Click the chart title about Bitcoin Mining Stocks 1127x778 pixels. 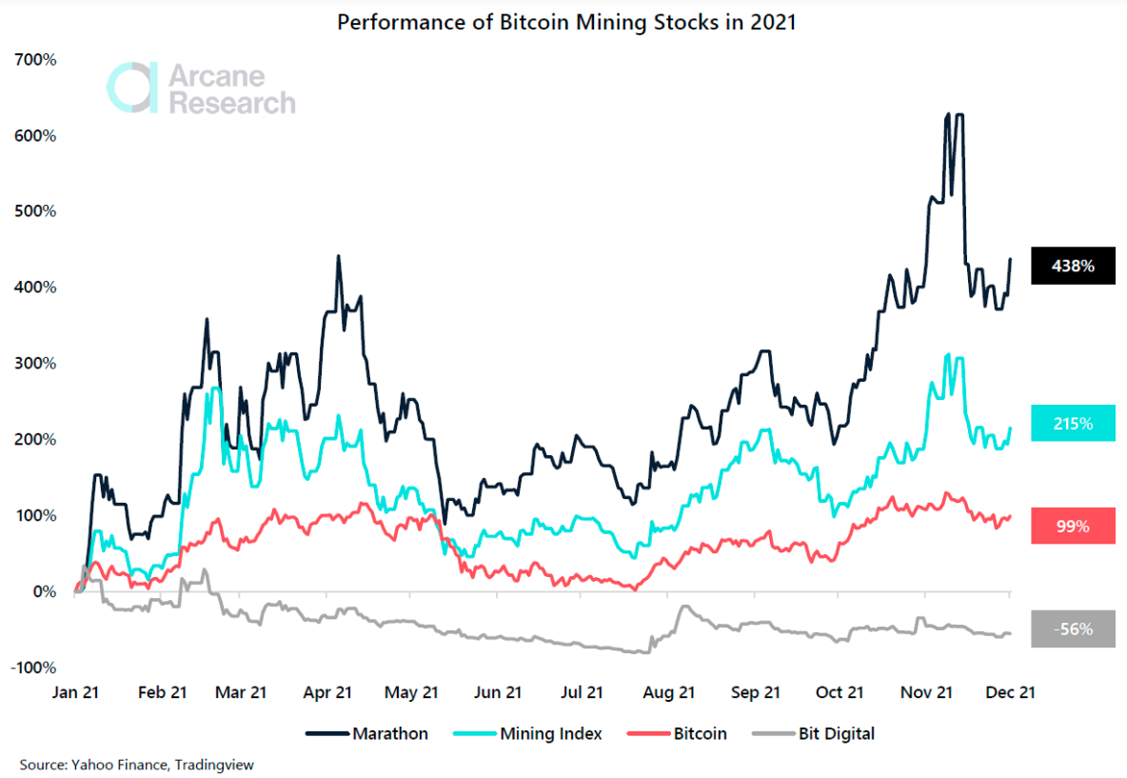click(x=566, y=22)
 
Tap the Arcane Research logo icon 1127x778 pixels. click(x=132, y=89)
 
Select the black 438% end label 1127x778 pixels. click(x=1073, y=267)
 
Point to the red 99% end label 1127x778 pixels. click(x=1073, y=526)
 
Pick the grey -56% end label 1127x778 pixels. click(x=1073, y=629)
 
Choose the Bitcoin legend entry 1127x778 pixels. click(x=679, y=733)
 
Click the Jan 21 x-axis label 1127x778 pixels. click(x=76, y=693)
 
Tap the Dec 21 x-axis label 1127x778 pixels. click(x=1010, y=693)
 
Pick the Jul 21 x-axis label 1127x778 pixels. click(x=581, y=693)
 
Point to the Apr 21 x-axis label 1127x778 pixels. click(x=328, y=693)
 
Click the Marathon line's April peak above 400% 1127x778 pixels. click(x=339, y=257)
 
